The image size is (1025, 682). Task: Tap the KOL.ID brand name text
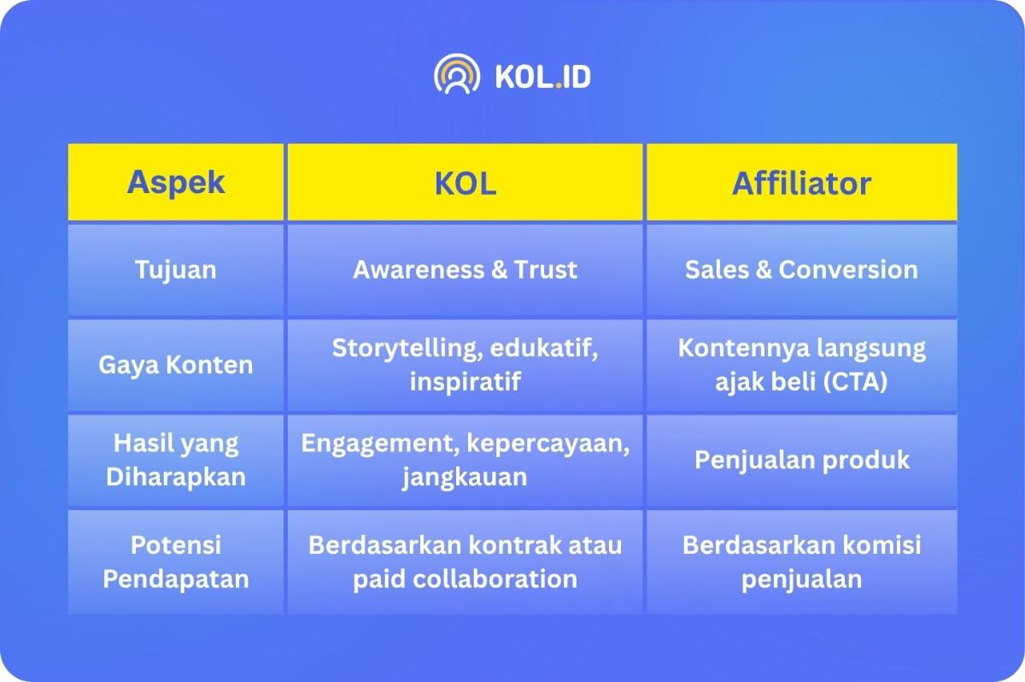click(542, 76)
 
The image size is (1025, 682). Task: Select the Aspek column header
click(176, 182)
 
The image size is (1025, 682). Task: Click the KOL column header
click(465, 182)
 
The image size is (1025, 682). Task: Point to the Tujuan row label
click(176, 270)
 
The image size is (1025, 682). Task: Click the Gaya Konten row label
click(176, 365)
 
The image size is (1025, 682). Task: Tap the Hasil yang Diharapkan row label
click(176, 460)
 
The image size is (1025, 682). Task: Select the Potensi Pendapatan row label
click(176, 561)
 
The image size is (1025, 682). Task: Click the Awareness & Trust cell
click(465, 269)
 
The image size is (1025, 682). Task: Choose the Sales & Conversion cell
click(802, 269)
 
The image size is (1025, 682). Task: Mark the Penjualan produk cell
click(802, 460)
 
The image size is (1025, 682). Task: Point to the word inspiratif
click(465, 381)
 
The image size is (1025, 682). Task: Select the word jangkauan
click(465, 478)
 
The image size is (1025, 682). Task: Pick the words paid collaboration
click(465, 579)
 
